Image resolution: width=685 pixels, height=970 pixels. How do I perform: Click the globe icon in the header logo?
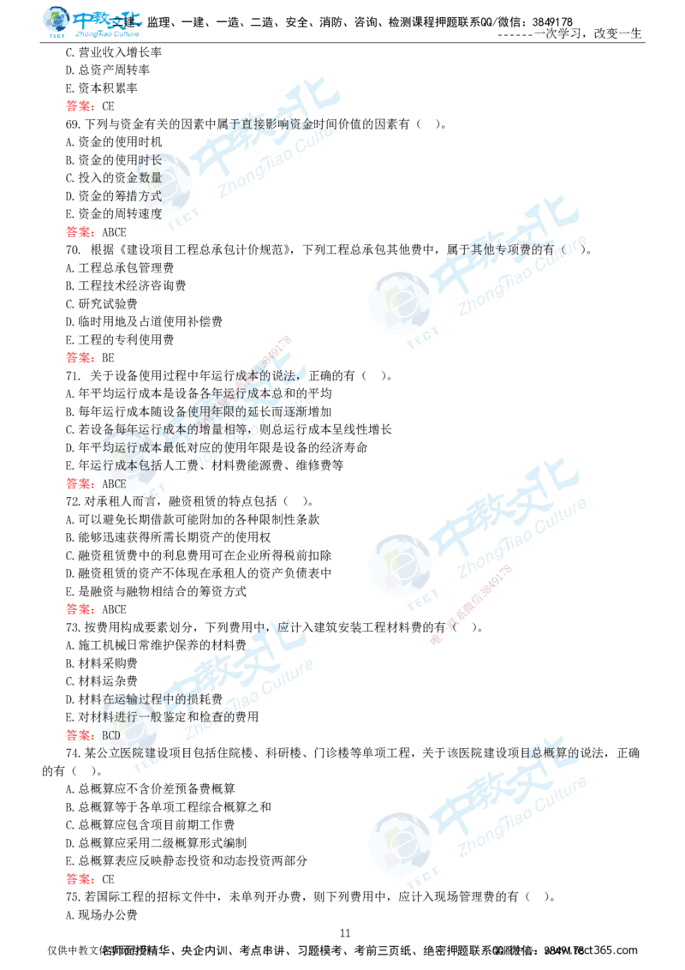pyautogui.click(x=56, y=21)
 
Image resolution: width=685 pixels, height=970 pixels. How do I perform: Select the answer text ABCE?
pyautogui.click(x=113, y=484)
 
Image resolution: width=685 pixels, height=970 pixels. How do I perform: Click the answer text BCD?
pyautogui.click(x=111, y=735)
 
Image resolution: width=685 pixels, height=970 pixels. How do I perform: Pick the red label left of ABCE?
pyautogui.click(x=78, y=483)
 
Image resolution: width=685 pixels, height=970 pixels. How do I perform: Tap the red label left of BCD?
pyautogui.click(x=78, y=735)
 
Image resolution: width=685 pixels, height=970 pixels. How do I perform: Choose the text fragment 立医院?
pyautogui.click(x=120, y=753)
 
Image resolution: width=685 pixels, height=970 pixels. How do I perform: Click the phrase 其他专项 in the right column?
pyautogui.click(x=497, y=248)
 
